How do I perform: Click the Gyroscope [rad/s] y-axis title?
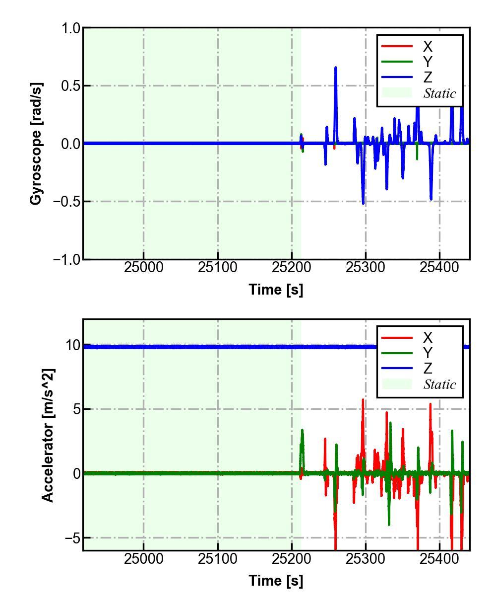(36, 144)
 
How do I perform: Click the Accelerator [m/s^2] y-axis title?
(48, 435)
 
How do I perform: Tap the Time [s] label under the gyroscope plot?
(276, 289)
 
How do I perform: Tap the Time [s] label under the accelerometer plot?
(276, 580)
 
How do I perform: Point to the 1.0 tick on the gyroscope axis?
(70, 28)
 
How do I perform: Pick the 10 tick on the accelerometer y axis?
(72, 345)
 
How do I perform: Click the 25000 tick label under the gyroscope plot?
(144, 267)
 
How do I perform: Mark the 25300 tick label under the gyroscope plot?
(366, 267)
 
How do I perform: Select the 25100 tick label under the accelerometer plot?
(218, 558)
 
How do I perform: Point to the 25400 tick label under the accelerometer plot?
(439, 558)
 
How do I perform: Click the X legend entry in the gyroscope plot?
(427, 47)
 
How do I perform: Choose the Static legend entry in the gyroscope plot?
(439, 93)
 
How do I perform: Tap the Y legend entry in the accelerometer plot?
(427, 353)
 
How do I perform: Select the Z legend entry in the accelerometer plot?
(427, 369)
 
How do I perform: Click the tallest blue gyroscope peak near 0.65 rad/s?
(336, 68)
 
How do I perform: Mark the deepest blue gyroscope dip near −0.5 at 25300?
(363, 203)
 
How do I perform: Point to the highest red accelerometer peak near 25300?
(363, 400)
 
